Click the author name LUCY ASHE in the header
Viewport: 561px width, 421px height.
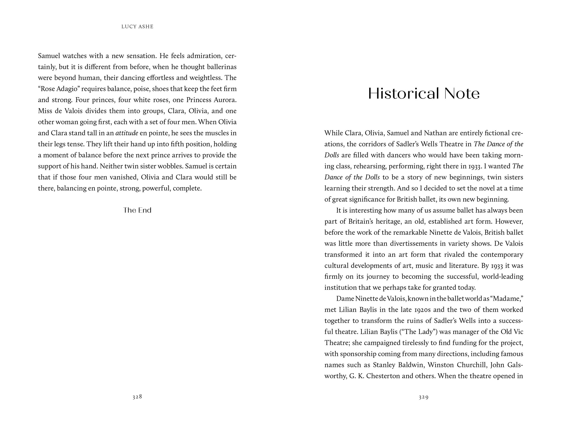click(x=137, y=27)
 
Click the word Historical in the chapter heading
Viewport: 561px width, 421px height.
click(x=403, y=94)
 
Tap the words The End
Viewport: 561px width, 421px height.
click(x=137, y=210)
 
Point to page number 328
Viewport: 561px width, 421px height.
click(x=137, y=397)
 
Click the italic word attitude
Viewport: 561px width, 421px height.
click(x=127, y=133)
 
